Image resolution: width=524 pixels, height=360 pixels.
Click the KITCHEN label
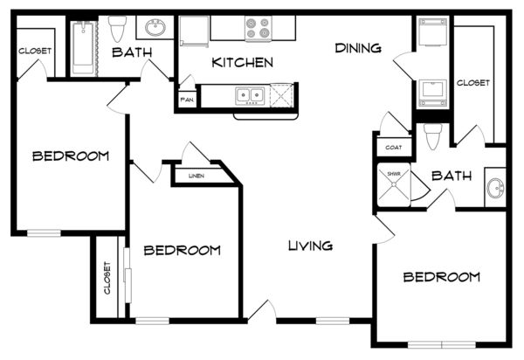tap(242, 63)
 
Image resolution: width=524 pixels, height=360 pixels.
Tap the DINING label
tap(358, 48)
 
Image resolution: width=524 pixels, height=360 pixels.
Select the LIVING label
tap(310, 246)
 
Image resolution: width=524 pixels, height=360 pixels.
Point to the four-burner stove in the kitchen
tap(258, 28)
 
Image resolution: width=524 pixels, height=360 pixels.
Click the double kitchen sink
tap(250, 95)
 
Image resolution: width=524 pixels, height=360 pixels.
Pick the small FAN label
tap(187, 100)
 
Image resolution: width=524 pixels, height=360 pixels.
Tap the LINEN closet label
tap(196, 176)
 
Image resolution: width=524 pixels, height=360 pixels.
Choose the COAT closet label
tap(393, 148)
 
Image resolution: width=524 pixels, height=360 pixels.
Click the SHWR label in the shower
tap(393, 174)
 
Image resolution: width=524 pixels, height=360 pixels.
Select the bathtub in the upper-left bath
tap(83, 47)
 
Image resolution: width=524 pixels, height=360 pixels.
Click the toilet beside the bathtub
tap(117, 29)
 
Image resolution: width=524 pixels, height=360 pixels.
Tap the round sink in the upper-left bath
tap(155, 27)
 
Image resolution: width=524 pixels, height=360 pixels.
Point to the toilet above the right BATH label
tap(433, 136)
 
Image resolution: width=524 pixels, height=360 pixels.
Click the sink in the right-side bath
tap(495, 188)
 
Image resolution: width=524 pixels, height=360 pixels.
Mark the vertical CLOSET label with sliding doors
tap(107, 278)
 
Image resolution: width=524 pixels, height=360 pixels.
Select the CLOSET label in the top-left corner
tap(35, 51)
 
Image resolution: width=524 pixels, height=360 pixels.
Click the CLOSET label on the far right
tap(472, 82)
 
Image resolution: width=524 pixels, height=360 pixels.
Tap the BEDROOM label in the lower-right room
tap(441, 277)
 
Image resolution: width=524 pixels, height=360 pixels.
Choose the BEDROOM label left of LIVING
tap(183, 251)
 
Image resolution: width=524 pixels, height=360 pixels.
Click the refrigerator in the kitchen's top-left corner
tap(194, 31)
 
